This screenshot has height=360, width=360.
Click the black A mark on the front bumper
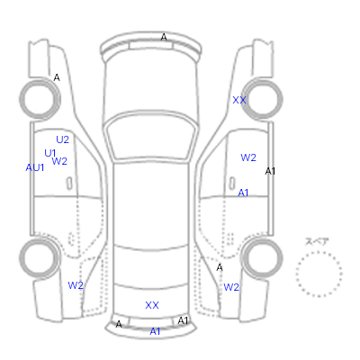[x=164, y=37]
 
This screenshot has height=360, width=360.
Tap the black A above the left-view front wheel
[x=57, y=77]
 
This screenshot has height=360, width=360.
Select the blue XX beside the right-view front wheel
[x=239, y=100]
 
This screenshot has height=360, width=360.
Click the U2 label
[x=63, y=139]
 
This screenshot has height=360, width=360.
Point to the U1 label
[x=50, y=153]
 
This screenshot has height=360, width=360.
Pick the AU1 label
[x=35, y=167]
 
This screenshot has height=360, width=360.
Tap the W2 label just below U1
[x=59, y=161]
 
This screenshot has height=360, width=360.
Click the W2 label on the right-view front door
[x=248, y=157]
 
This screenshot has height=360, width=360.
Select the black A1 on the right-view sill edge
[x=270, y=171]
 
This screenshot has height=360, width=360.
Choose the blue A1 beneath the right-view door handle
[x=243, y=193]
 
